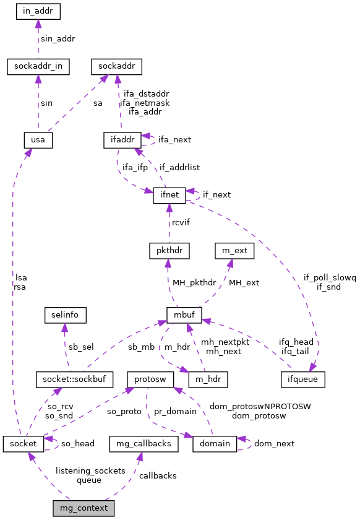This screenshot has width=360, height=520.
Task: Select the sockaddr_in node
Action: (38, 66)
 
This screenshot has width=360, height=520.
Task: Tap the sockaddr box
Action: (117, 66)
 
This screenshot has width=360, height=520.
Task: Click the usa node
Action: (38, 140)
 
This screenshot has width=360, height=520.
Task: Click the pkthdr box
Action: (169, 251)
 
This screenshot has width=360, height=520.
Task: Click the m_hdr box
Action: (208, 378)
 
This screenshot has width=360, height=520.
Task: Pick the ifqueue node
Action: (302, 378)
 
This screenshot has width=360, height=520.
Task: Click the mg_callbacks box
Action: (144, 443)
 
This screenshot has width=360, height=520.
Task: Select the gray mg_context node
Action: (84, 508)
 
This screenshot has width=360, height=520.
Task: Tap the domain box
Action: (215, 443)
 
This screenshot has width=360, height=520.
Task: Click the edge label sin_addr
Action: (58, 38)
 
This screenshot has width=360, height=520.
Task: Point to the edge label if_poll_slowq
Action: (330, 278)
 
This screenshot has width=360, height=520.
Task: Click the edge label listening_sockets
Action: (90, 470)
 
